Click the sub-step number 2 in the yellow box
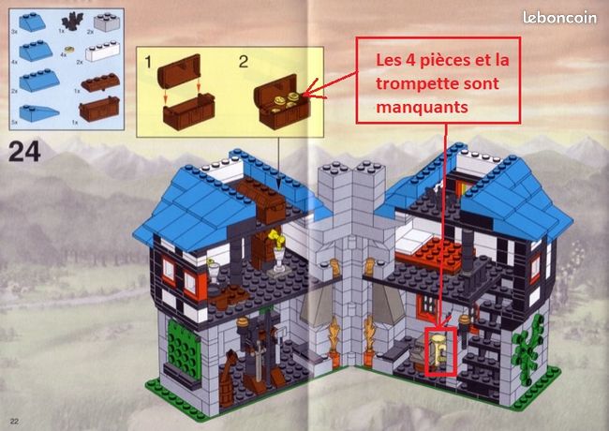point(243,63)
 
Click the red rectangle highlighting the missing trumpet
point(440,350)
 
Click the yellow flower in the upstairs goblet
point(275,237)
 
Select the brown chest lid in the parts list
point(97,87)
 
